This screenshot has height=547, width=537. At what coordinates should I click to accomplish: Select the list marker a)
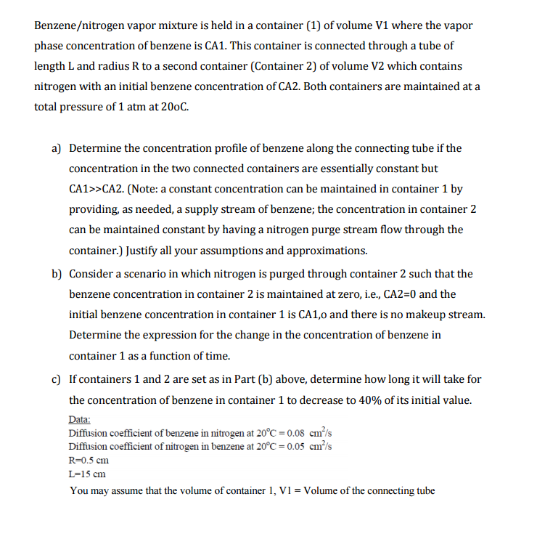[x=56, y=148]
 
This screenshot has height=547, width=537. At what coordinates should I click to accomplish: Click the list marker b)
[x=56, y=274]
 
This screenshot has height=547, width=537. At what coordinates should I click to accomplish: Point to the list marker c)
[x=56, y=379]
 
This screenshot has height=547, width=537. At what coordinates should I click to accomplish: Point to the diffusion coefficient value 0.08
[x=285, y=433]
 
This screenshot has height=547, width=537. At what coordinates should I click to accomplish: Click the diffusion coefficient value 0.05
[x=285, y=446]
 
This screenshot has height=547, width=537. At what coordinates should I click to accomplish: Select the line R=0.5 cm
[x=88, y=460]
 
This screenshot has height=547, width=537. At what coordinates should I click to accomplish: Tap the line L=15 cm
[x=87, y=474]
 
